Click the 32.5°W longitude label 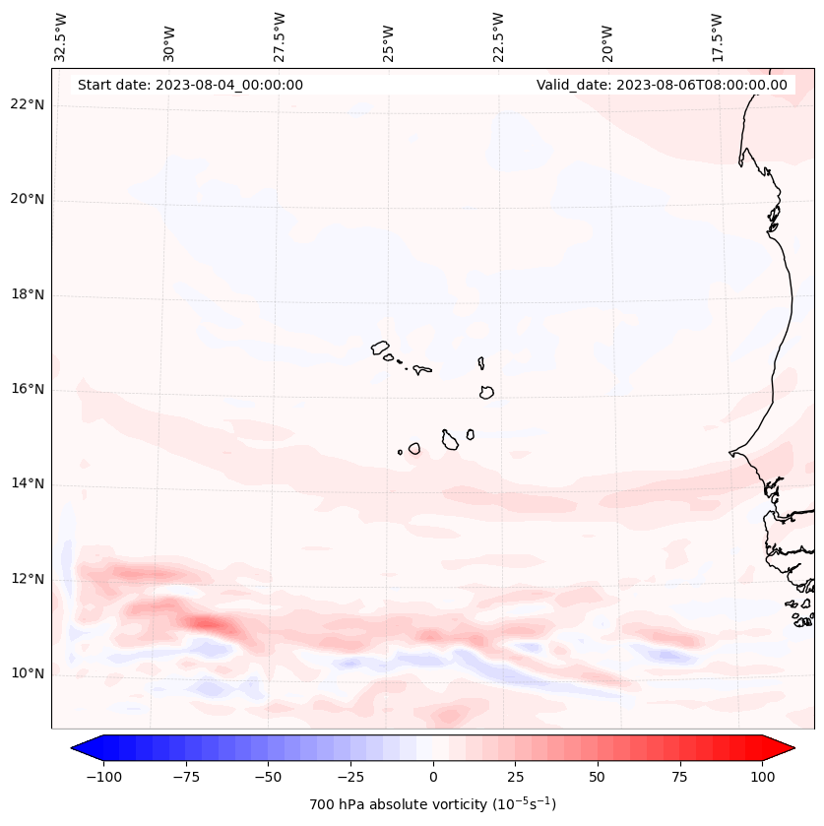point(62,36)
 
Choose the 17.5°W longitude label point(717,36)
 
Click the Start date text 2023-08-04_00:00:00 point(190,85)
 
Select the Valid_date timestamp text point(662,85)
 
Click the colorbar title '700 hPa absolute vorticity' point(433,804)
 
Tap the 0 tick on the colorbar point(433,777)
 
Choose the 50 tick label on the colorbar point(598,777)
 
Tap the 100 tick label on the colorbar point(763,777)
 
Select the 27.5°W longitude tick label point(281,36)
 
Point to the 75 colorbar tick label point(680,777)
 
